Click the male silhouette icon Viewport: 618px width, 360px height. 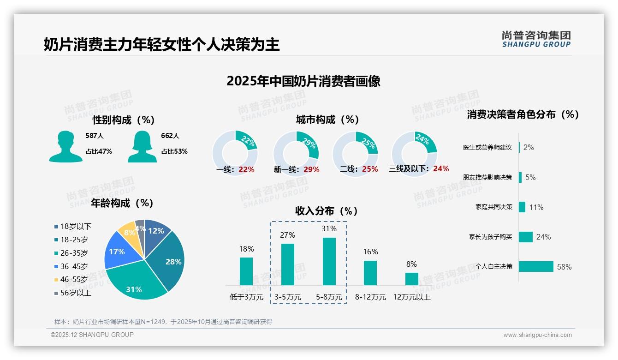click(65, 147)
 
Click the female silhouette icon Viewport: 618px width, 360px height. click(142, 147)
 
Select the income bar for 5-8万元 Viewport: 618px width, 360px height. click(329, 261)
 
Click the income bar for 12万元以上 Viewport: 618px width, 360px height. click(411, 279)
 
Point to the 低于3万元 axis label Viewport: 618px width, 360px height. click(246, 297)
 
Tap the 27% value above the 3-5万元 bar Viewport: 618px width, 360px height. click(287, 235)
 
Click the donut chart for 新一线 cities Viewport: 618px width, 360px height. click(296, 153)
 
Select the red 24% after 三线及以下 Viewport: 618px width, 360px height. click(441, 169)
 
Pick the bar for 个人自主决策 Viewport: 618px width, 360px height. click(536, 267)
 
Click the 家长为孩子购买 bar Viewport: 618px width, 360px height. click(526, 237)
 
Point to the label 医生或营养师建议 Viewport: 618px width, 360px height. click(487, 148)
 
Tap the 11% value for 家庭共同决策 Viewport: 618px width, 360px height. click(536, 207)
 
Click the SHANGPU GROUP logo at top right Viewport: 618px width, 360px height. click(536, 39)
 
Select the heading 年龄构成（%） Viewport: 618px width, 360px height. click(122, 203)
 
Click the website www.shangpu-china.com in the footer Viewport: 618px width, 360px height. click(537, 335)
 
